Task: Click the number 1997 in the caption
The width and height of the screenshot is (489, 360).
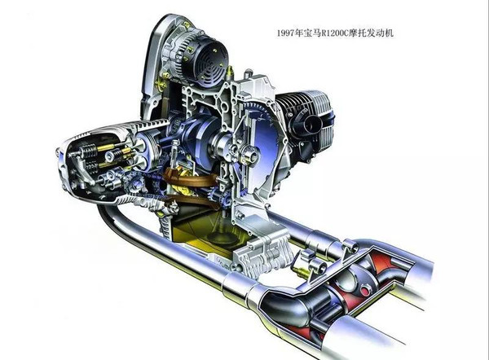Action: [x=286, y=33]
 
